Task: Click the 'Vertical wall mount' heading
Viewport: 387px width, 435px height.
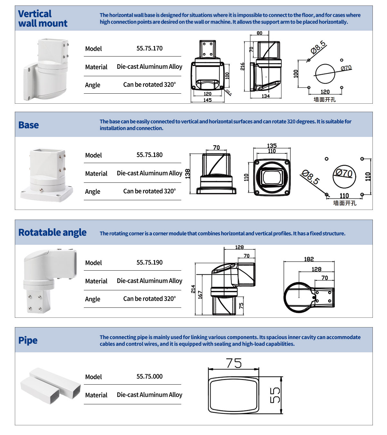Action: [43, 18]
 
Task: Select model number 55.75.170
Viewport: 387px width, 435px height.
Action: [149, 48]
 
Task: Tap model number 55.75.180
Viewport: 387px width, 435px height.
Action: [149, 155]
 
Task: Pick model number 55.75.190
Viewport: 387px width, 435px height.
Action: [149, 263]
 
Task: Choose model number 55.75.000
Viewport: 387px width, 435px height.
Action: [149, 377]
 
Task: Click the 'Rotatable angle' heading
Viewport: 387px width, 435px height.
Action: [52, 233]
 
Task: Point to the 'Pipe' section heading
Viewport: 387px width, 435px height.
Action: [28, 340]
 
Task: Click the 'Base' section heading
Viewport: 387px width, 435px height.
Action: [28, 125]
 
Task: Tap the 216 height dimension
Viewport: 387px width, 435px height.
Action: [243, 67]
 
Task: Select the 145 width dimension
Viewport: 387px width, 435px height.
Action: [207, 100]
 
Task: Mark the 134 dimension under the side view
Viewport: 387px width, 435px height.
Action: [265, 96]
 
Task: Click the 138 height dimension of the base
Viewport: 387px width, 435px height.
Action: [188, 173]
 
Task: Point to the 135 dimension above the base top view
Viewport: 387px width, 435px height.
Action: [272, 146]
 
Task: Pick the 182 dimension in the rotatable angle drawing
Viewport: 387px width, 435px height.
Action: [309, 259]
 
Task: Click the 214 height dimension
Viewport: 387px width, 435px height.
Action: [193, 289]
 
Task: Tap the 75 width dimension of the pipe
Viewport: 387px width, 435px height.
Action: [234, 363]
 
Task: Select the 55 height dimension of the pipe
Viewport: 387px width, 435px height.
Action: [275, 395]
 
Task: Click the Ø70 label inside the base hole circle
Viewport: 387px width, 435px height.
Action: [344, 173]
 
